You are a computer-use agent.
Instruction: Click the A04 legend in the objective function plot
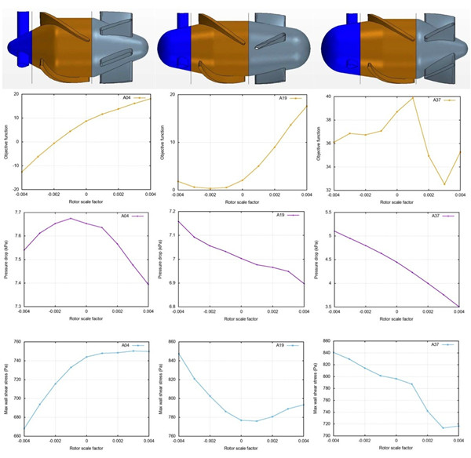coord(127,98)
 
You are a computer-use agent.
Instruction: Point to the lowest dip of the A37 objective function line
coord(444,184)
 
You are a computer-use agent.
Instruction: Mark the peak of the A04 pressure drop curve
coord(71,218)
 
